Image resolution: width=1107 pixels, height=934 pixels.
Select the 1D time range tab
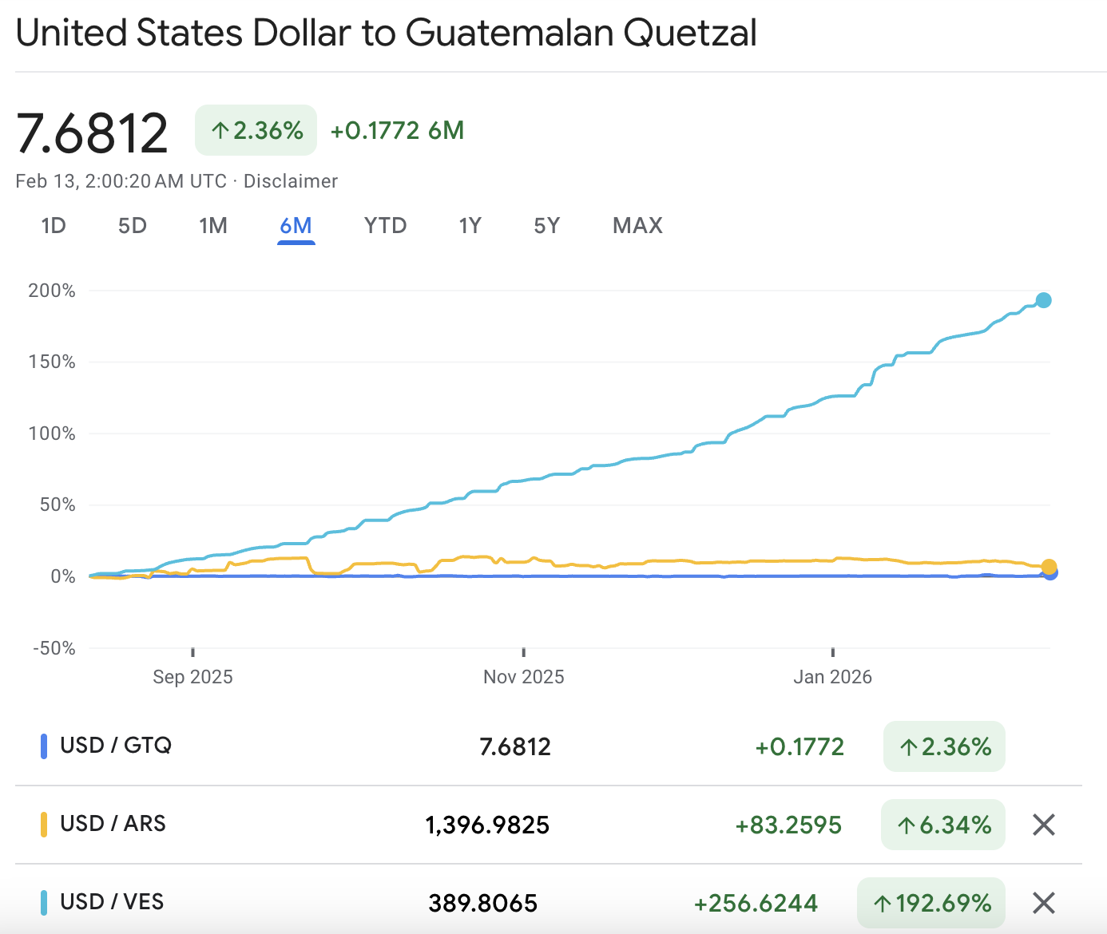(54, 226)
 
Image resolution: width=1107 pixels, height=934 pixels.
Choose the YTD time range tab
(385, 226)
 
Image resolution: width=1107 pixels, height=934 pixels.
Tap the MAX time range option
(637, 226)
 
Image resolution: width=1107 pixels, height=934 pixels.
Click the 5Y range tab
(546, 226)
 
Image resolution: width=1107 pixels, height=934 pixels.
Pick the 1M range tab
(213, 226)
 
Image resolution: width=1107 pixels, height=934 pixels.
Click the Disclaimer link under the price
(291, 181)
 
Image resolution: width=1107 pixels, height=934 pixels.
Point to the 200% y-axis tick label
(52, 291)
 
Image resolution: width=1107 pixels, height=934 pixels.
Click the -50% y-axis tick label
(54, 647)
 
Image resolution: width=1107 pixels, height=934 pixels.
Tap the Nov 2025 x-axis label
(523, 677)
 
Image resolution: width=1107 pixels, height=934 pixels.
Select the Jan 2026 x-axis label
(832, 677)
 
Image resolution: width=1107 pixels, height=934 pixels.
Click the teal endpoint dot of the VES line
(1043, 301)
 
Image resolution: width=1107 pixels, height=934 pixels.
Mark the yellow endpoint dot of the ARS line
(1049, 566)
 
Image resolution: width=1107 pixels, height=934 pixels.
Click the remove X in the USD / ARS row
(1044, 825)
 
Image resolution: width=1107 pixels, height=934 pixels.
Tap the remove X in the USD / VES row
(1044, 903)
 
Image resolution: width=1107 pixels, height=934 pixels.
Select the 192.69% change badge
(931, 903)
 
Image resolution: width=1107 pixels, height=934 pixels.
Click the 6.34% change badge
(943, 825)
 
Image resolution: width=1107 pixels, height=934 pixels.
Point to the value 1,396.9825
(487, 825)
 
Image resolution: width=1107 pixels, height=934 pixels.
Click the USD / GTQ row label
(116, 746)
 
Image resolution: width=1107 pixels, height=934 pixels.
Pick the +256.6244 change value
(756, 903)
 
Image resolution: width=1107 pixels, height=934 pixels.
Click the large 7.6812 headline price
(93, 133)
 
